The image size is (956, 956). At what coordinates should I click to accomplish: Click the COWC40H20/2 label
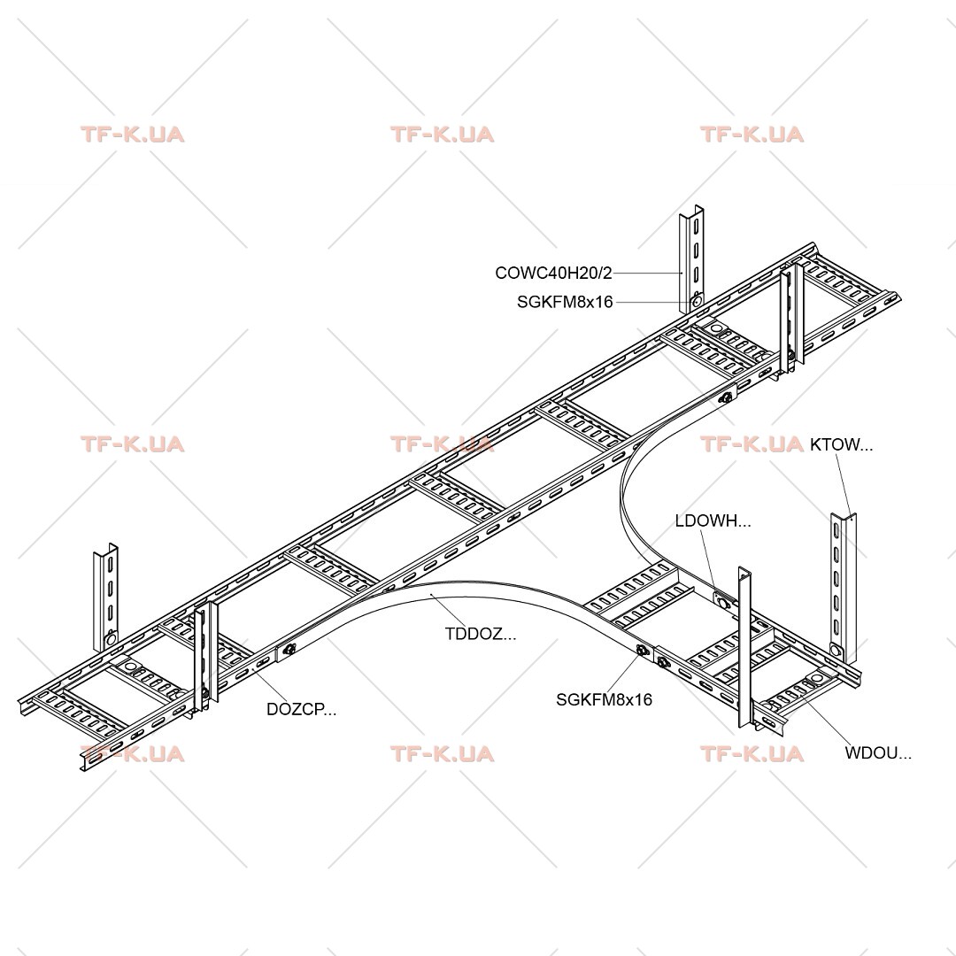(553, 273)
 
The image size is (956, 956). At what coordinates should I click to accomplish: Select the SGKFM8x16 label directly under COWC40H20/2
(565, 302)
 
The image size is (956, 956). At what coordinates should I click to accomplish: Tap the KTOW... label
(841, 444)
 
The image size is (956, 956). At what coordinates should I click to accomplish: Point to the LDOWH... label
(713, 520)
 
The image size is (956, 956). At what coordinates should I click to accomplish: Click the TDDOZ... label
(481, 634)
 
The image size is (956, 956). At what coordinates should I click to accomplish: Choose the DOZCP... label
(301, 709)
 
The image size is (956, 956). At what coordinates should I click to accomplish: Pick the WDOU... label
(878, 753)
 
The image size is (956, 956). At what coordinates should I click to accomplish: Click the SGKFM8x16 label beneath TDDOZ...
(604, 699)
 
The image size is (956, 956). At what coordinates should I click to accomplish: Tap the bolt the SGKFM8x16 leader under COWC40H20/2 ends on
(697, 301)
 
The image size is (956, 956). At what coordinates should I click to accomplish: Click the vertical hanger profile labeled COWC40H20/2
(691, 259)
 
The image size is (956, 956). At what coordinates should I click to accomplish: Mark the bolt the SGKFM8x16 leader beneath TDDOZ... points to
(642, 651)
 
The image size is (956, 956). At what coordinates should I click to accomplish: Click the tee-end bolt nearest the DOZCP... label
(289, 650)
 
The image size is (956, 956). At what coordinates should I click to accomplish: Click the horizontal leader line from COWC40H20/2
(647, 274)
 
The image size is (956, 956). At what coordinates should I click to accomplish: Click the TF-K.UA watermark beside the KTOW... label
(752, 443)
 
